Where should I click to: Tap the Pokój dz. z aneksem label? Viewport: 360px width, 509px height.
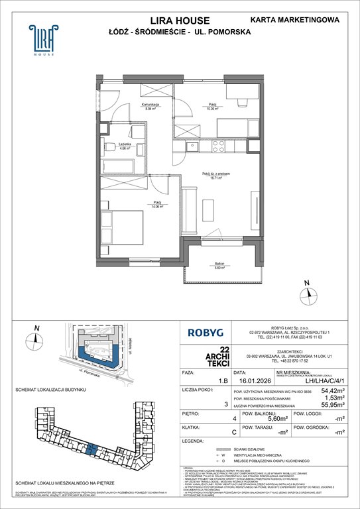tap(216, 174)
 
